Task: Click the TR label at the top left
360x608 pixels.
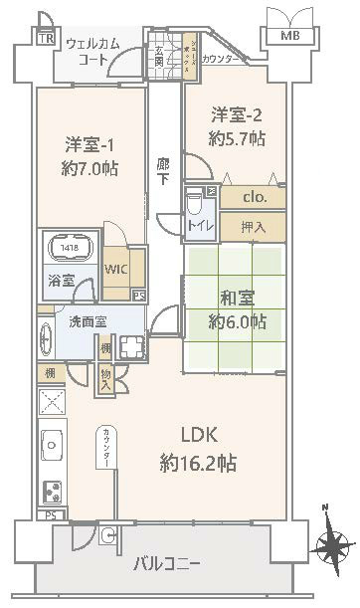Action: tap(45, 39)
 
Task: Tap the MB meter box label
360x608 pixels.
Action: tap(288, 37)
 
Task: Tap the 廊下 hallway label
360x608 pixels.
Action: tap(163, 172)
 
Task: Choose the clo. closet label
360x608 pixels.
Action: tap(257, 197)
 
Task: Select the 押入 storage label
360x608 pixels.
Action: tap(255, 228)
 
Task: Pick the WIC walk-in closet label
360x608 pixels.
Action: tap(116, 270)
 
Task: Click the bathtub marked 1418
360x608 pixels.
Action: tap(69, 250)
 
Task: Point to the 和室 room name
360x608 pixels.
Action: tap(237, 295)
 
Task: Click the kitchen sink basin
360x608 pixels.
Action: tap(51, 441)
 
